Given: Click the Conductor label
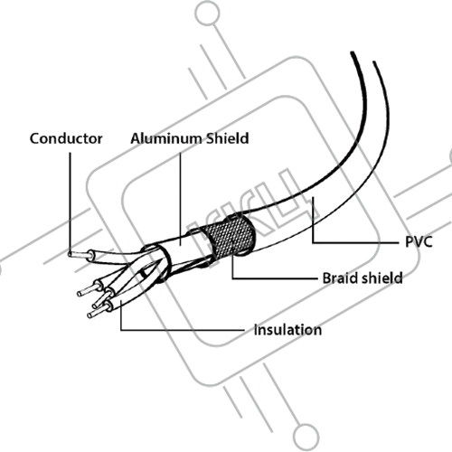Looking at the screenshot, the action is tap(66, 138).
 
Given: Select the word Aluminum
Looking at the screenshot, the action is tap(166, 138).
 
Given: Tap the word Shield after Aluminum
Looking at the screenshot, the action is tap(228, 138).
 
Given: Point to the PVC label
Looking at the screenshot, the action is tap(419, 241).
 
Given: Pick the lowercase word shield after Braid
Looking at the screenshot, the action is tap(382, 278).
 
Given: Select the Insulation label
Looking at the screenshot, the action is tap(287, 330).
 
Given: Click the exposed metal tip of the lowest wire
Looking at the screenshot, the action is tap(97, 312).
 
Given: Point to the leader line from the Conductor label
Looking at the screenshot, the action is tap(71, 202).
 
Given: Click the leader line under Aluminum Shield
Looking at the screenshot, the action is tap(181, 199).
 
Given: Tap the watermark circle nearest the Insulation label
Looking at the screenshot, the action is tap(306, 436).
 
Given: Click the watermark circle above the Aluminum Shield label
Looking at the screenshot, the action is tap(208, 14).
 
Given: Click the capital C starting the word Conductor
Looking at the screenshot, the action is tap(34, 138).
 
